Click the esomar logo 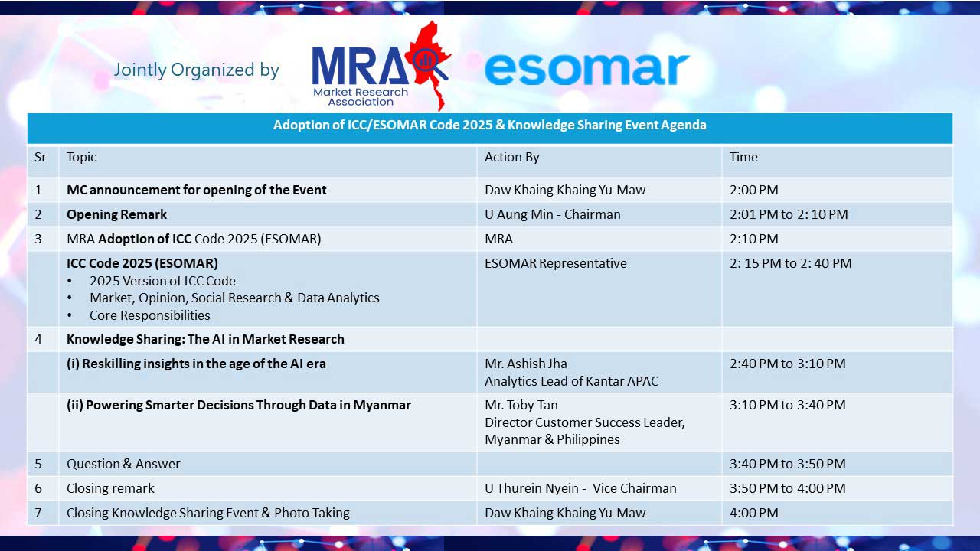pos(586,69)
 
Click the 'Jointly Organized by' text pos(197,70)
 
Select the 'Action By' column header pos(512,157)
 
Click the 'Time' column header pos(743,157)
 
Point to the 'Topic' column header pos(81,158)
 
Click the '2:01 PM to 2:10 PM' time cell pos(789,214)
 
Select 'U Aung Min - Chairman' pos(553,214)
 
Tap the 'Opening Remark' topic pos(117,215)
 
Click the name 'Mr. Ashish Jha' pos(526,364)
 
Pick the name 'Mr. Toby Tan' pos(521,405)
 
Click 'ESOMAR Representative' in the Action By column pos(556,263)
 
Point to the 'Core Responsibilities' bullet pos(149,315)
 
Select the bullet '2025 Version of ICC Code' pos(163,281)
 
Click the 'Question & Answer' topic pos(123,464)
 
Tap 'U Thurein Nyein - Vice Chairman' pos(580,488)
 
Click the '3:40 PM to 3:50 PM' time pos(788,464)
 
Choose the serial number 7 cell pos(38,513)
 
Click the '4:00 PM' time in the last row pos(754,513)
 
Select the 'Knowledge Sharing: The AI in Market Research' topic pos(205,339)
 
